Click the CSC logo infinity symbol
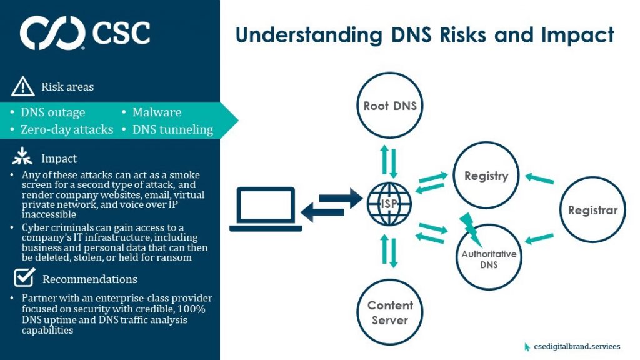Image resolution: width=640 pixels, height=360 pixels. coord(52,33)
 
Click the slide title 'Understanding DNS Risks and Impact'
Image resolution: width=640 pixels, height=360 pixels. coord(424,35)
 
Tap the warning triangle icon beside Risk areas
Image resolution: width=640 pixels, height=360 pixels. coord(22,86)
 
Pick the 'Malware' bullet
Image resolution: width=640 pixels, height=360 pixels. coord(156,112)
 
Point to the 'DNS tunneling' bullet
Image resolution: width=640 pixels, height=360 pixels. coord(172,130)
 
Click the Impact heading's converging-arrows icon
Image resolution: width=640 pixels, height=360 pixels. coord(22,157)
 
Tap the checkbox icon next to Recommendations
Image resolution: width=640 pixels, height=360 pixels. coord(24,277)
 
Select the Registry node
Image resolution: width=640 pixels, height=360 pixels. coord(486,176)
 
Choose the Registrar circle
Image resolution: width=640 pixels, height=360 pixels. coord(592,210)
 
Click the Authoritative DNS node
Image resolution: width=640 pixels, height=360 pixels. coord(489,258)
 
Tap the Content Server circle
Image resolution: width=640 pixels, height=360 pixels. coord(390,312)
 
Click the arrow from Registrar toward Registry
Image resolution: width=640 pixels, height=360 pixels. coord(539,179)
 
